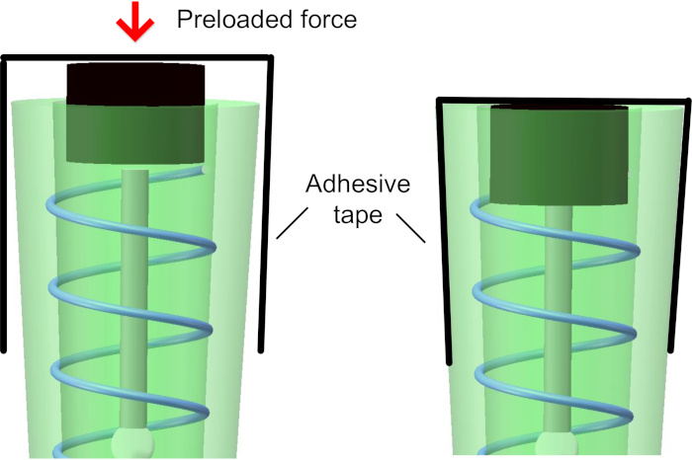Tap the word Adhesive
point(356,186)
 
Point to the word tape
point(356,214)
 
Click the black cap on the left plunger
point(134,84)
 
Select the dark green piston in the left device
point(134,134)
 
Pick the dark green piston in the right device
point(560,156)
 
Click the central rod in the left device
point(134,296)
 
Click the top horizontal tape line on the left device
point(134,58)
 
